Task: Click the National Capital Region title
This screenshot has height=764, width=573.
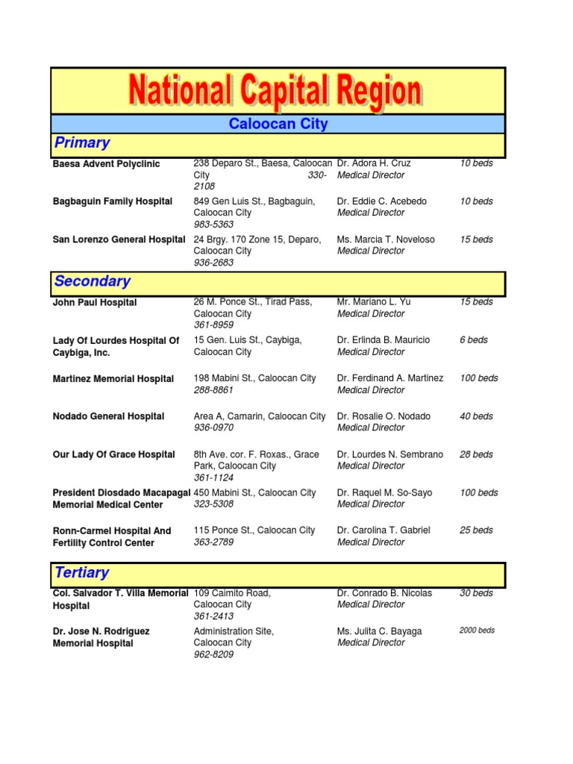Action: click(x=275, y=91)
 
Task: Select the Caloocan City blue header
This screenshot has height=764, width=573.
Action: click(x=278, y=124)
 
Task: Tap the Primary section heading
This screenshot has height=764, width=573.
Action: click(x=82, y=143)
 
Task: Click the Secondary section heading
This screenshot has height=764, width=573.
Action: click(x=93, y=281)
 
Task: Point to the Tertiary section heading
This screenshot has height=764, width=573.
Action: click(x=82, y=573)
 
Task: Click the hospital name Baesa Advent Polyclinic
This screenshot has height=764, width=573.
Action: click(x=106, y=164)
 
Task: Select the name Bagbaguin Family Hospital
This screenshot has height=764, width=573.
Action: click(x=113, y=201)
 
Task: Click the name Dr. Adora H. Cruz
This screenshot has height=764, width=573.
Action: click(x=374, y=163)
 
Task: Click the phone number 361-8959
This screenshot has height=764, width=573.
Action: click(x=213, y=325)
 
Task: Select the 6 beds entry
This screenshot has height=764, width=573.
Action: click(x=474, y=339)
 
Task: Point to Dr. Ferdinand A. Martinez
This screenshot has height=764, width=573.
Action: click(x=390, y=378)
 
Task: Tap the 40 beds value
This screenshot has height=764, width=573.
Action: click(x=476, y=416)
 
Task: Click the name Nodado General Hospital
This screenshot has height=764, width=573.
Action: click(x=109, y=416)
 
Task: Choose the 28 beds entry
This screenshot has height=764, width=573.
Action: click(x=476, y=454)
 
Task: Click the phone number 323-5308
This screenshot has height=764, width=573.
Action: click(x=213, y=504)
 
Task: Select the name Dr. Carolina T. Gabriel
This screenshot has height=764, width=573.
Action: click(x=383, y=530)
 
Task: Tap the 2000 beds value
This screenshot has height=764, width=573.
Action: click(x=477, y=630)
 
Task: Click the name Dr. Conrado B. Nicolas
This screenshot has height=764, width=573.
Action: click(x=384, y=593)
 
